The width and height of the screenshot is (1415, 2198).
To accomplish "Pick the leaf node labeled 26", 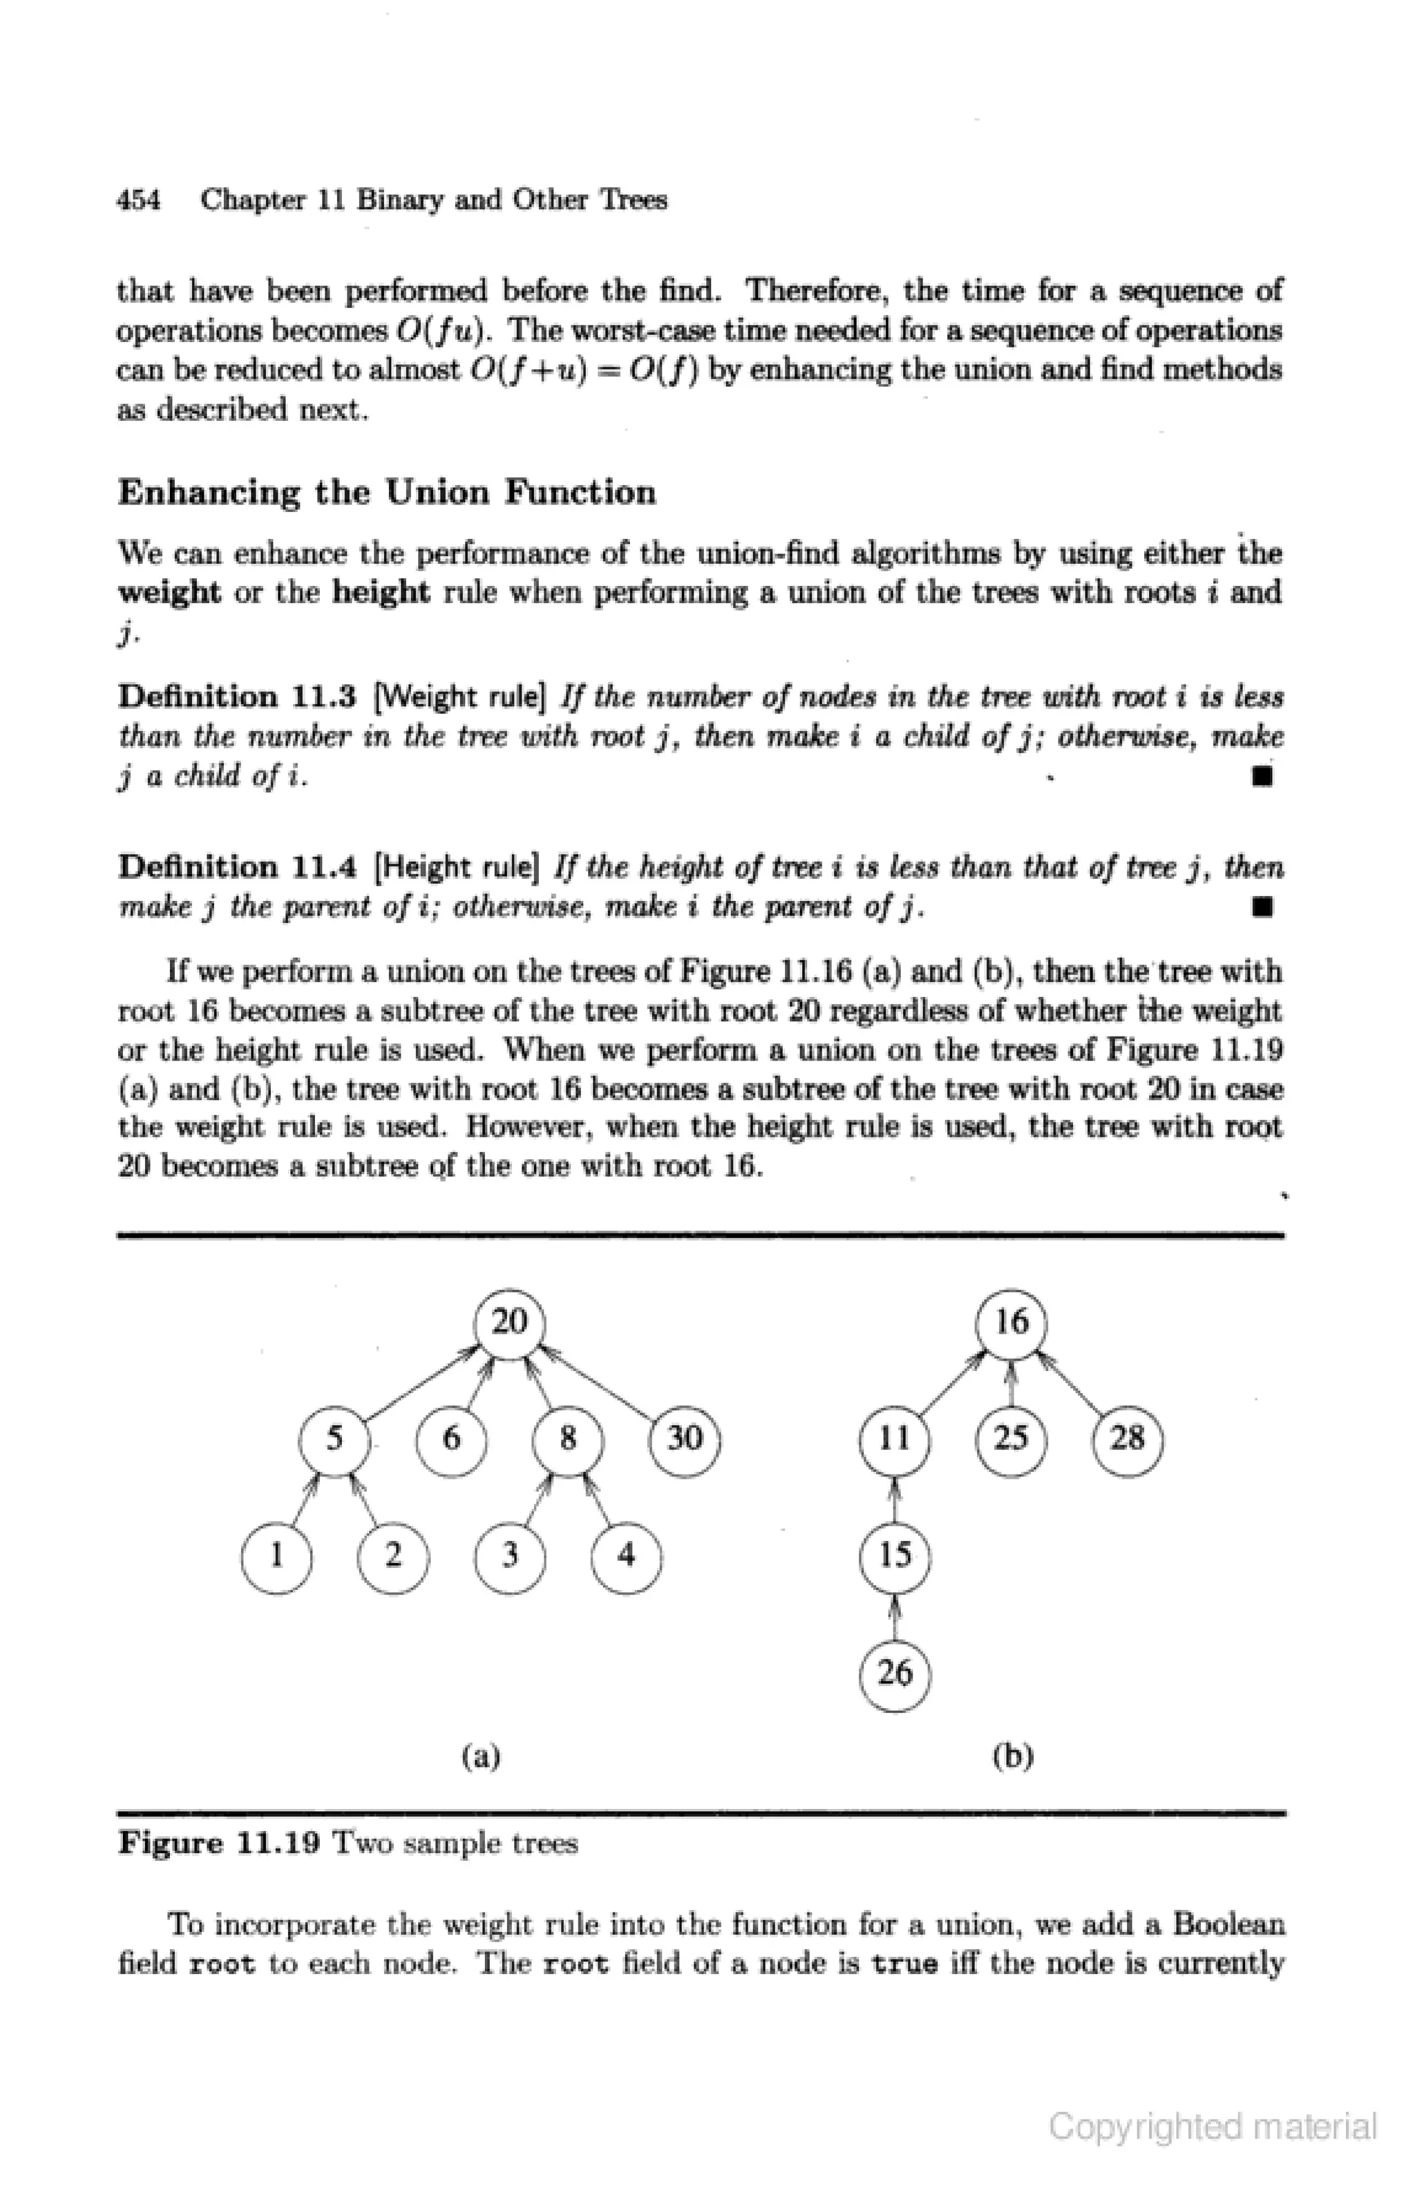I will [x=895, y=1674].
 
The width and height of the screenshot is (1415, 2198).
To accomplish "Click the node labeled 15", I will [x=895, y=1555].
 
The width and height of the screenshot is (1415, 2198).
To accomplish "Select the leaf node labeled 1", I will [x=276, y=1555].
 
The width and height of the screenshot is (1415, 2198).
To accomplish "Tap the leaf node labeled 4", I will [x=627, y=1555].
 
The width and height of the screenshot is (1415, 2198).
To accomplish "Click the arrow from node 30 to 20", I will [x=597, y=1383].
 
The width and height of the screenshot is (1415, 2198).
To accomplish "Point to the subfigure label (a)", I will [x=481, y=1756].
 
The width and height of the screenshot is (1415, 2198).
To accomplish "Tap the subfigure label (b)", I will [x=1013, y=1756].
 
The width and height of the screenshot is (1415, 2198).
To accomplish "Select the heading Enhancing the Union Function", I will [x=387, y=493].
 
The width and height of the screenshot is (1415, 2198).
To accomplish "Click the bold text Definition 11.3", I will [x=237, y=697].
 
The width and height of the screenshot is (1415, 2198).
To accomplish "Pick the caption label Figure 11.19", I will [x=219, y=1844].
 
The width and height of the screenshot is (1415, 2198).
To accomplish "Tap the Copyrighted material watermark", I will [x=1213, y=2126].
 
